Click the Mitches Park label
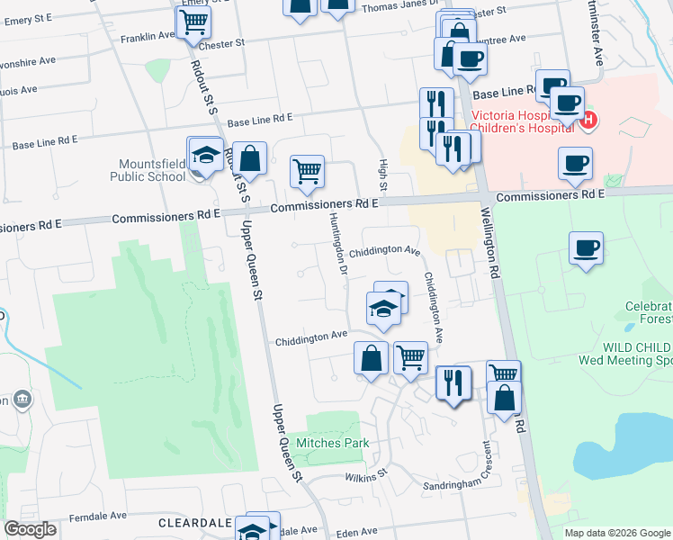(332, 444)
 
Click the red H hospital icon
(589, 119)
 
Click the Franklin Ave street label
(148, 37)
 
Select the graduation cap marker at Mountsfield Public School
(205, 154)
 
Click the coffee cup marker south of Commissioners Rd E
(586, 248)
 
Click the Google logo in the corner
(31, 529)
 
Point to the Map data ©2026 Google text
(616, 533)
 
